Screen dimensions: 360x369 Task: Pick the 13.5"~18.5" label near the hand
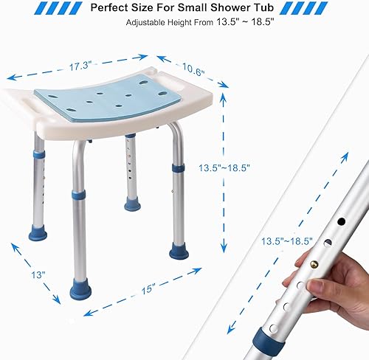[287, 240]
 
